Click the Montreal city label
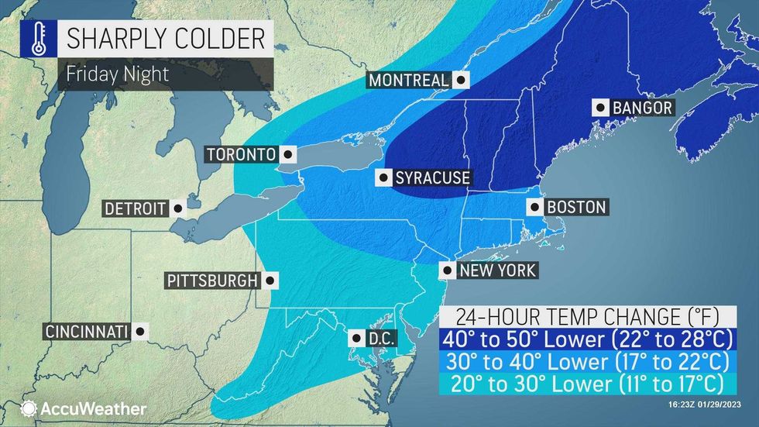tap(408, 80)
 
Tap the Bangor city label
tap(642, 108)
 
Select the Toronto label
tap(240, 154)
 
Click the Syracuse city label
tap(432, 178)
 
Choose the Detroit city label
tap(135, 208)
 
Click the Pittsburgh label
tap(211, 280)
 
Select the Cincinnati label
tap(85, 332)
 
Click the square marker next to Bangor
tap(599, 108)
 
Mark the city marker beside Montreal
tap(462, 80)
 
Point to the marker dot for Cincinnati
tap(140, 332)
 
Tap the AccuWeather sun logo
tap(29, 408)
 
